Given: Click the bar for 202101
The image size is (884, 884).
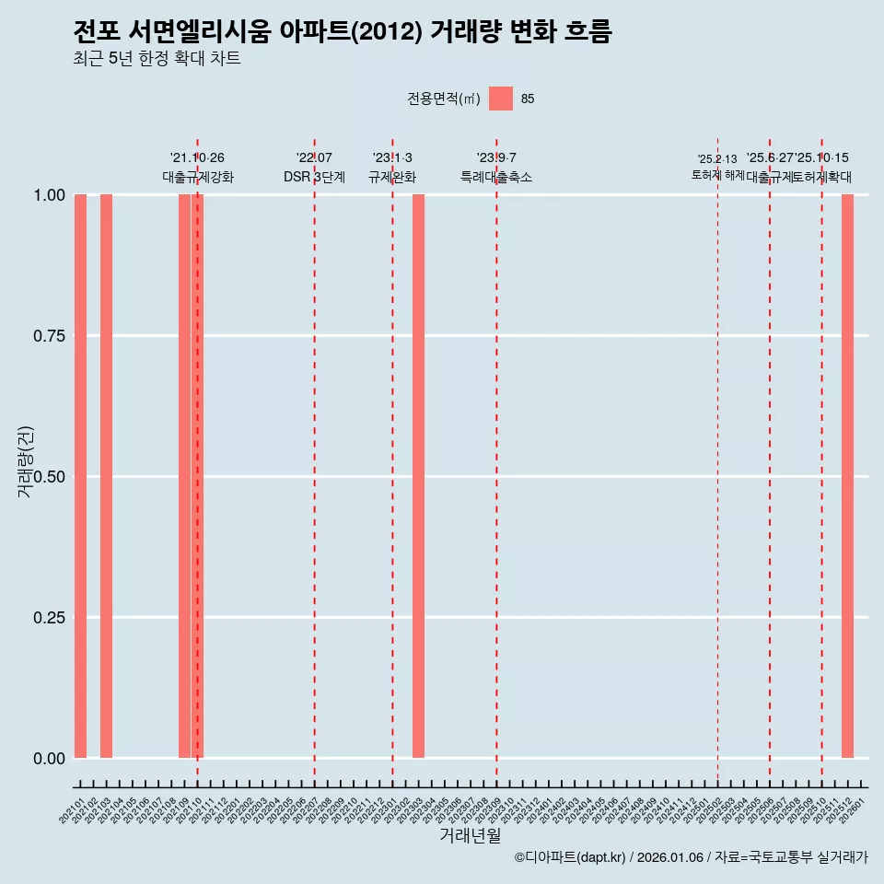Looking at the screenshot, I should (80, 476).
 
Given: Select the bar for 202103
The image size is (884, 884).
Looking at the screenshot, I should (106, 476).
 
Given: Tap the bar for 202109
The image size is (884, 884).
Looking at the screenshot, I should (184, 476).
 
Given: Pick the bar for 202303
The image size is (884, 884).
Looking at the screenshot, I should (418, 476).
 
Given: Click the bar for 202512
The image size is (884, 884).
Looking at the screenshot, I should (847, 476).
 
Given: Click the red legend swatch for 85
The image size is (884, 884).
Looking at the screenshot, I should (500, 99).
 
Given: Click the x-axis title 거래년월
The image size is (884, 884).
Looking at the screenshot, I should (470, 836).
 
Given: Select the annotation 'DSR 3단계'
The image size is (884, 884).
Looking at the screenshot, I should (314, 177).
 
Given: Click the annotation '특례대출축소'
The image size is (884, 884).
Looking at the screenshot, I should (496, 177).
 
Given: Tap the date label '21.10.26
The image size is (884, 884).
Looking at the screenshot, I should (197, 157).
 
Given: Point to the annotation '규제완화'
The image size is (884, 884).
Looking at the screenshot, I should (392, 177).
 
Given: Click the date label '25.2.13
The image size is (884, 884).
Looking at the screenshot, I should (717, 158).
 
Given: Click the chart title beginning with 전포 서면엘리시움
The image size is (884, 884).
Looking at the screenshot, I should (342, 31).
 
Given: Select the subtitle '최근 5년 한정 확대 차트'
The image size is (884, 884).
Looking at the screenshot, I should (157, 59).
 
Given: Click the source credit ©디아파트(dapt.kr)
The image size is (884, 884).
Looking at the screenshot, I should (570, 857).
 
